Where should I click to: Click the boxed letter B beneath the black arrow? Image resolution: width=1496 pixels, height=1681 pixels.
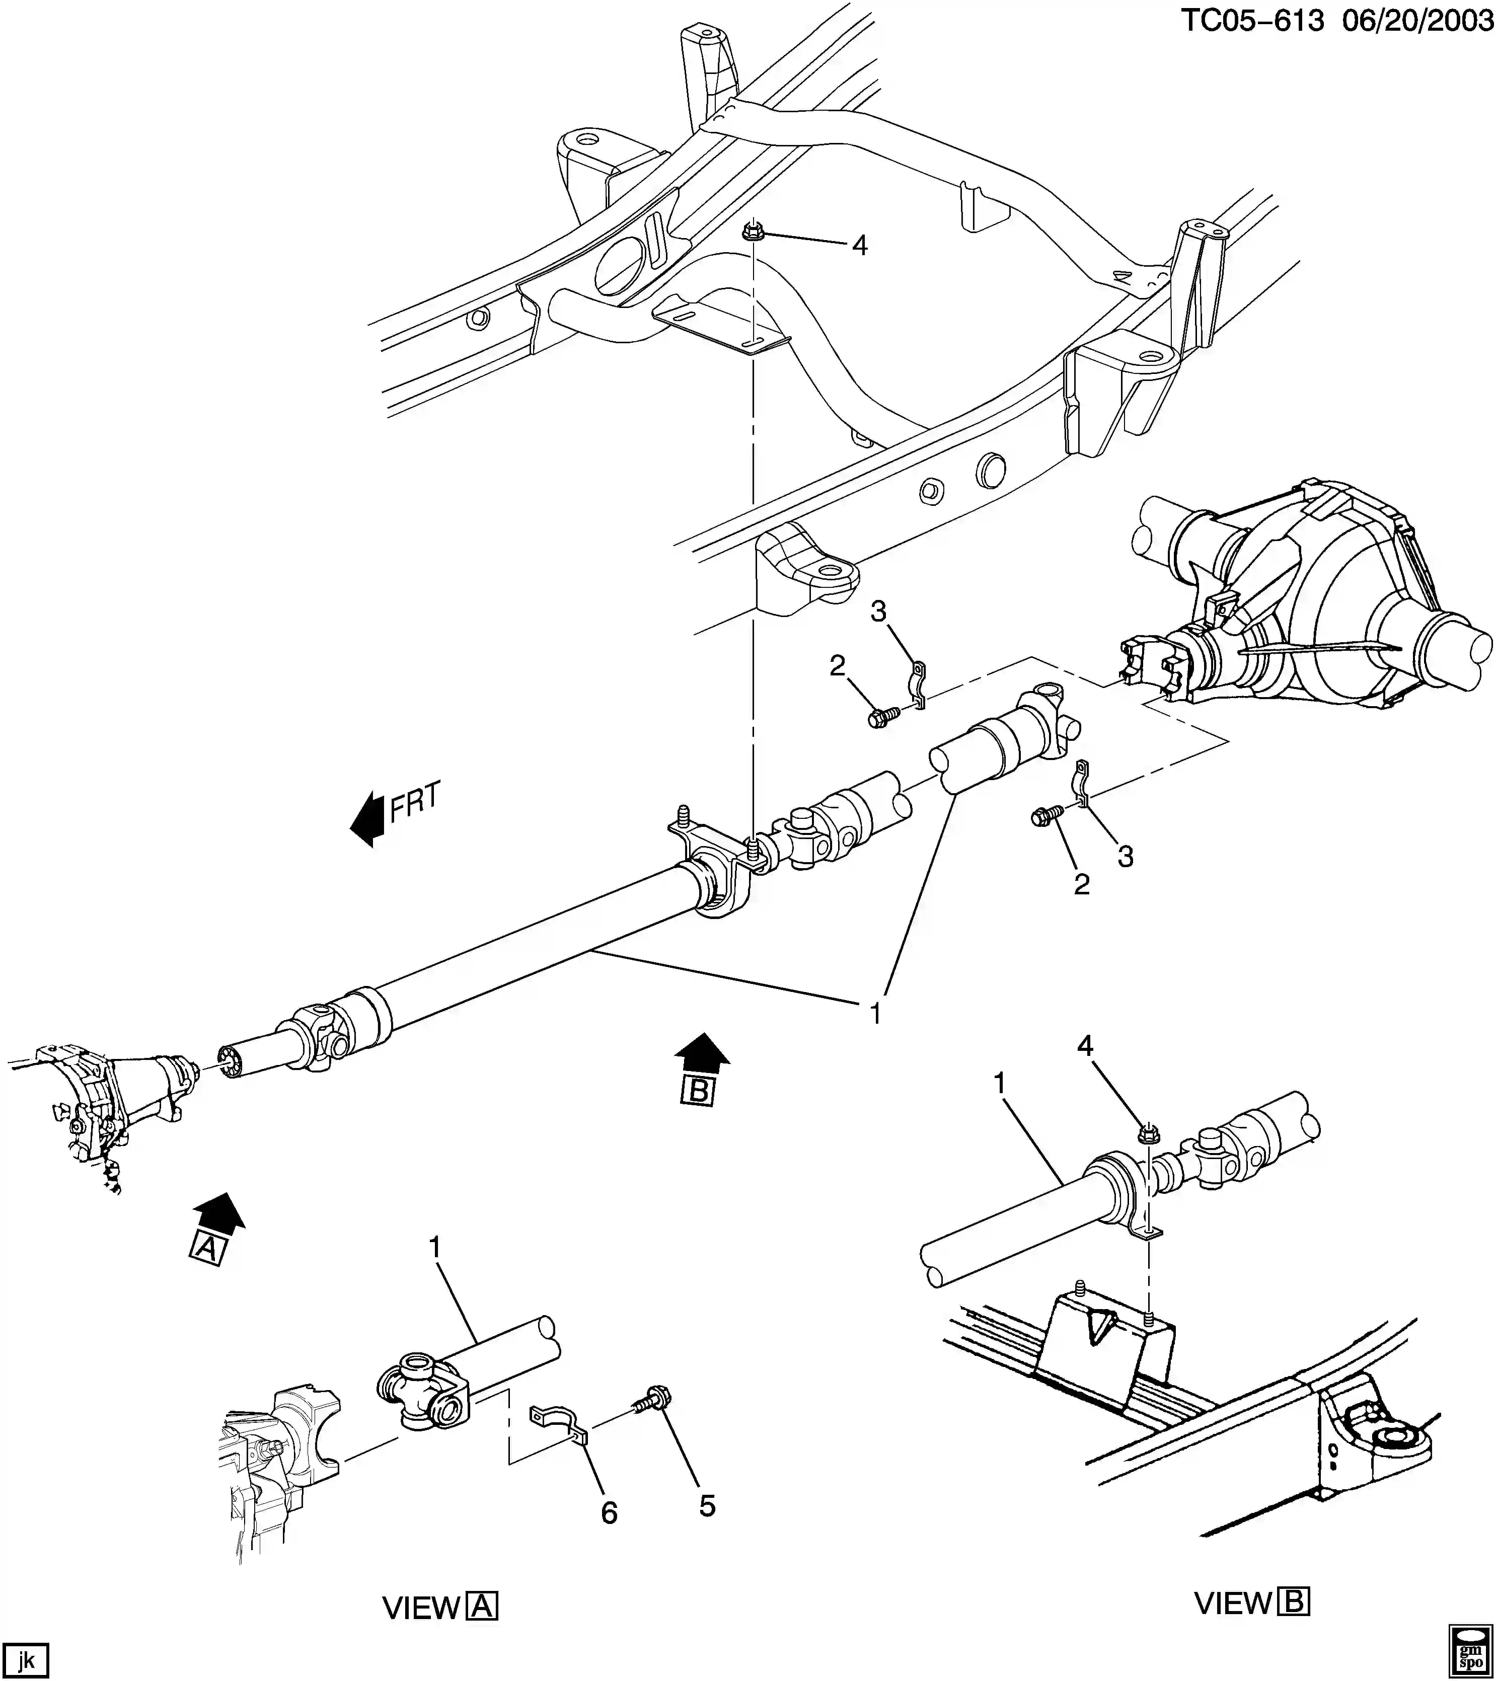[698, 1091]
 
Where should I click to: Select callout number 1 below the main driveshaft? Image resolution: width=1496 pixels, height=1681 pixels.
[876, 1013]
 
